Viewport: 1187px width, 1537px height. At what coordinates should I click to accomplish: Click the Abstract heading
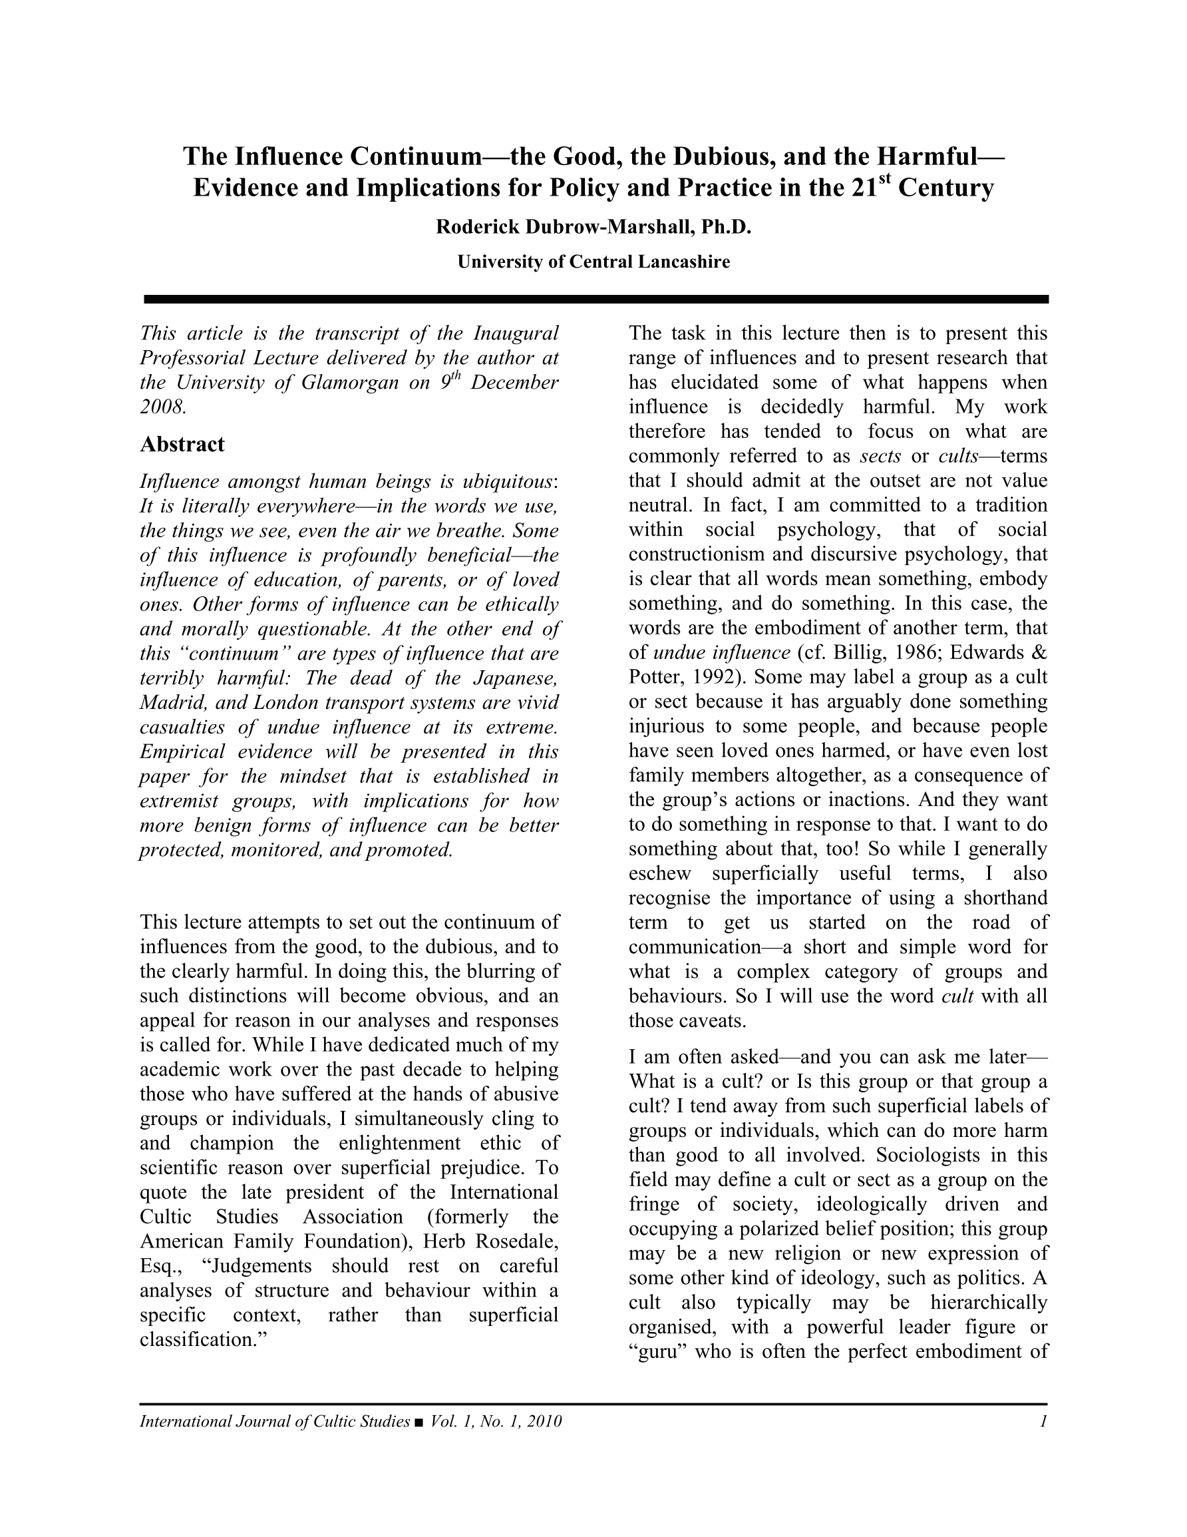pyautogui.click(x=182, y=444)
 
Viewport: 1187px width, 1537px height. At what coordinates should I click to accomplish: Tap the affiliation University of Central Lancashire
pyautogui.click(x=593, y=262)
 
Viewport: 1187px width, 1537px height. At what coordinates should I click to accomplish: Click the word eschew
pyautogui.click(x=660, y=873)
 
